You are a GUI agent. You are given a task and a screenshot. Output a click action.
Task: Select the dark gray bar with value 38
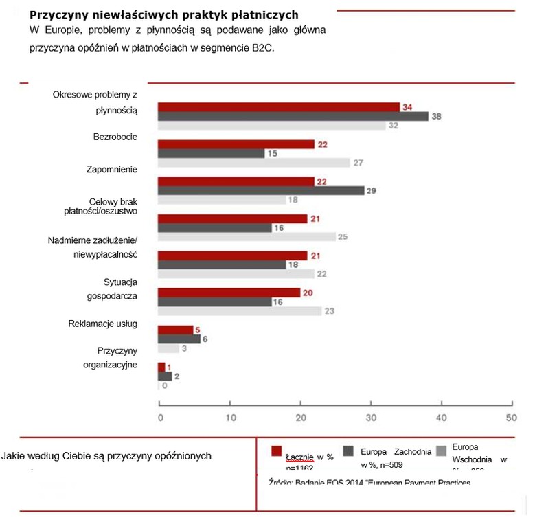pos(293,116)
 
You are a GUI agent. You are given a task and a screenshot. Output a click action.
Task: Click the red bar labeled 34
pos(279,106)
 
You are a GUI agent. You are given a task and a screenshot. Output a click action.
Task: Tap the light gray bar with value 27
pos(253,163)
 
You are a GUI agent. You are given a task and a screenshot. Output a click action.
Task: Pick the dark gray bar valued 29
pos(261,190)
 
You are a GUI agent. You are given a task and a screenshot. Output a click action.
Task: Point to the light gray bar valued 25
pos(247,237)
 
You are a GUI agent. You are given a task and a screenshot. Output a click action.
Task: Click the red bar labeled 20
pos(229,292)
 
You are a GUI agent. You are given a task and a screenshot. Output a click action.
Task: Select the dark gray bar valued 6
pos(179,339)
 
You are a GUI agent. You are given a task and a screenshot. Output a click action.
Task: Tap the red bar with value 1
pos(162,367)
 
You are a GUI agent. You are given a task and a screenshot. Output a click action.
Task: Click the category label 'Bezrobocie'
pos(115,137)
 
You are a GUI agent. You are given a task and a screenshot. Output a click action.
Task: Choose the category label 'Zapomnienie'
pos(111,169)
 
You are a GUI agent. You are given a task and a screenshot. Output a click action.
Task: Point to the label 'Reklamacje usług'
pos(103,323)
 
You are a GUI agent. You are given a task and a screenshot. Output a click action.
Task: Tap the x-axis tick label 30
pos(371,418)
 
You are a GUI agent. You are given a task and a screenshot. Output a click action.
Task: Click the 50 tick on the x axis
pos(510,418)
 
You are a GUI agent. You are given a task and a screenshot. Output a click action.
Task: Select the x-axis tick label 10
pos(231,418)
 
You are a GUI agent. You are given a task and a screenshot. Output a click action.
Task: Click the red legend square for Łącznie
pos(277,451)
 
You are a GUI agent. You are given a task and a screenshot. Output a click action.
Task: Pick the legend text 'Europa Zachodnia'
pos(396,451)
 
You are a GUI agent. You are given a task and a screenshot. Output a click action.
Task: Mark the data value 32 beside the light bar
pos(394,126)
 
